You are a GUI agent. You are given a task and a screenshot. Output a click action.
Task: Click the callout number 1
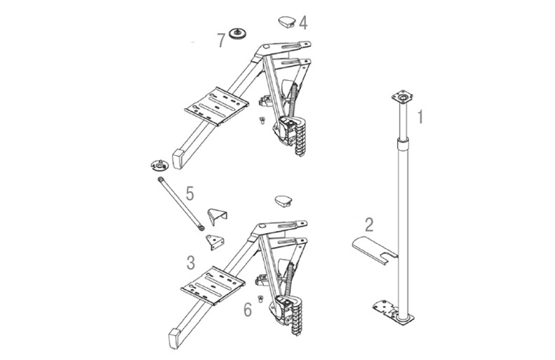(420, 117)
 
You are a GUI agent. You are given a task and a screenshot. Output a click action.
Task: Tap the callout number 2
(369, 225)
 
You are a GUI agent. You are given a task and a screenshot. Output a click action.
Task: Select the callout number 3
(191, 263)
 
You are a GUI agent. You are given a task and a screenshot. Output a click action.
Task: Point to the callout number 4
(303, 22)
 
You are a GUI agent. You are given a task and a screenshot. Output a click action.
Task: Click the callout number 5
(190, 194)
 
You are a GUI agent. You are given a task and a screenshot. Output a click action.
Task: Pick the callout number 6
(248, 310)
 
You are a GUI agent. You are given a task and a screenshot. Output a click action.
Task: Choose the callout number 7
(221, 41)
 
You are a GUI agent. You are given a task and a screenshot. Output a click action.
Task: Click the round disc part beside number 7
(237, 34)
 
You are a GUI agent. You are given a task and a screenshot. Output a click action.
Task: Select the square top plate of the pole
(402, 97)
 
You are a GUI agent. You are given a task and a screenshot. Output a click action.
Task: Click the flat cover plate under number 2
(375, 250)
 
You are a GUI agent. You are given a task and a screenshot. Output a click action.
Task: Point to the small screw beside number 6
(261, 298)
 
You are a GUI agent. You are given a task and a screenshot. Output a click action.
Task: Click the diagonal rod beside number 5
(180, 204)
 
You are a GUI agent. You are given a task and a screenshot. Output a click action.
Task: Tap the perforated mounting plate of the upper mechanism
(217, 106)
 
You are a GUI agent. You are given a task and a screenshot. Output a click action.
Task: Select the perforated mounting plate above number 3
(213, 285)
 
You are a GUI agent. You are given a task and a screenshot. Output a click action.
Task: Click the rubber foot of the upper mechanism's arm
(178, 159)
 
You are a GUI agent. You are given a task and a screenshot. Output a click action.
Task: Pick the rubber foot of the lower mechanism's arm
(175, 338)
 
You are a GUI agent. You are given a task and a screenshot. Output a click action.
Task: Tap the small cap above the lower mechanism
(283, 201)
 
